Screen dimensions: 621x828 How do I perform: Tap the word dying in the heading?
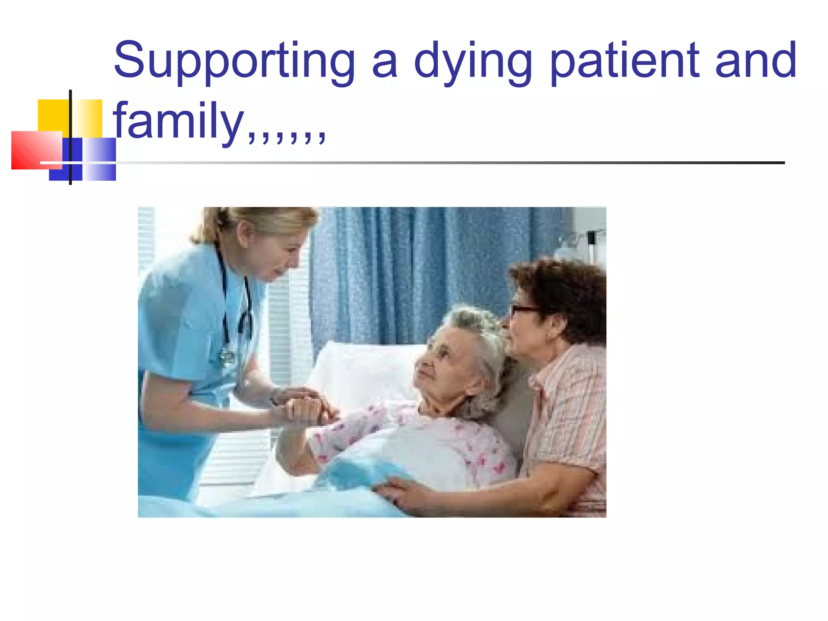473,63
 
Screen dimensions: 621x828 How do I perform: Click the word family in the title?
178,121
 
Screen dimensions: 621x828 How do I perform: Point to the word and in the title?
756,61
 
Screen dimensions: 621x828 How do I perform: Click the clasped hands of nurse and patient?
307,408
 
